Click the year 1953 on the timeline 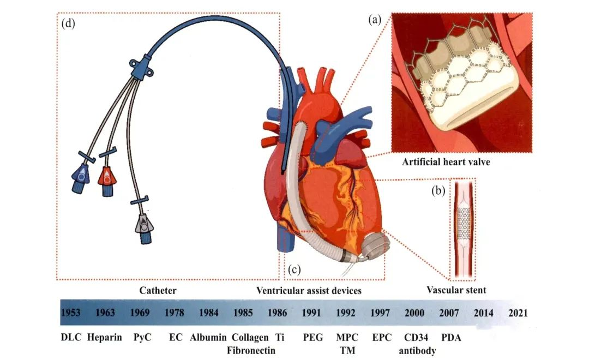pos(71,313)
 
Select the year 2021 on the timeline pos(518,313)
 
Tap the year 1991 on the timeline pos(312,313)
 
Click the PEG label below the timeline pos(311,338)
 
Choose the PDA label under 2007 pos(451,338)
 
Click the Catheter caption pos(158,291)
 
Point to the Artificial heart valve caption pos(446,162)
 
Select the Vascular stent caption pos(456,291)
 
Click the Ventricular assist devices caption pos(309,291)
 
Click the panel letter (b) pos(438,191)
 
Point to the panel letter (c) pos(294,268)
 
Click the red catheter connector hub pos(106,177)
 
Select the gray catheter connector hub pos(143,224)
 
